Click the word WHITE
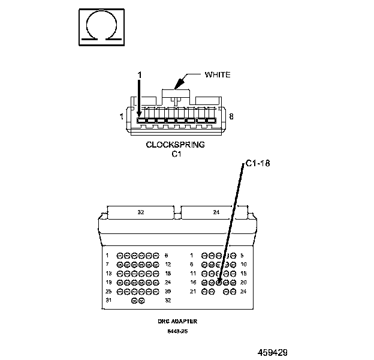218,74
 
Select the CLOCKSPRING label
176,145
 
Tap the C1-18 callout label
258,163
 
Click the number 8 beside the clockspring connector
231,117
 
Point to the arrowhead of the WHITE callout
176,88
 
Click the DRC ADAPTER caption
177,321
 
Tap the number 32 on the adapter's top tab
141,212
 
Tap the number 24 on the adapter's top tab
216,212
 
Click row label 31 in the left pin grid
108,300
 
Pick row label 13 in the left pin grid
108,273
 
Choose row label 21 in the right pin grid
192,291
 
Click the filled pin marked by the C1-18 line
219,282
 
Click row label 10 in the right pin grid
243,264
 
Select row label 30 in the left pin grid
168,291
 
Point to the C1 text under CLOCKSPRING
176,154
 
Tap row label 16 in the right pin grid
192,282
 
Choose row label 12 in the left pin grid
168,264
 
